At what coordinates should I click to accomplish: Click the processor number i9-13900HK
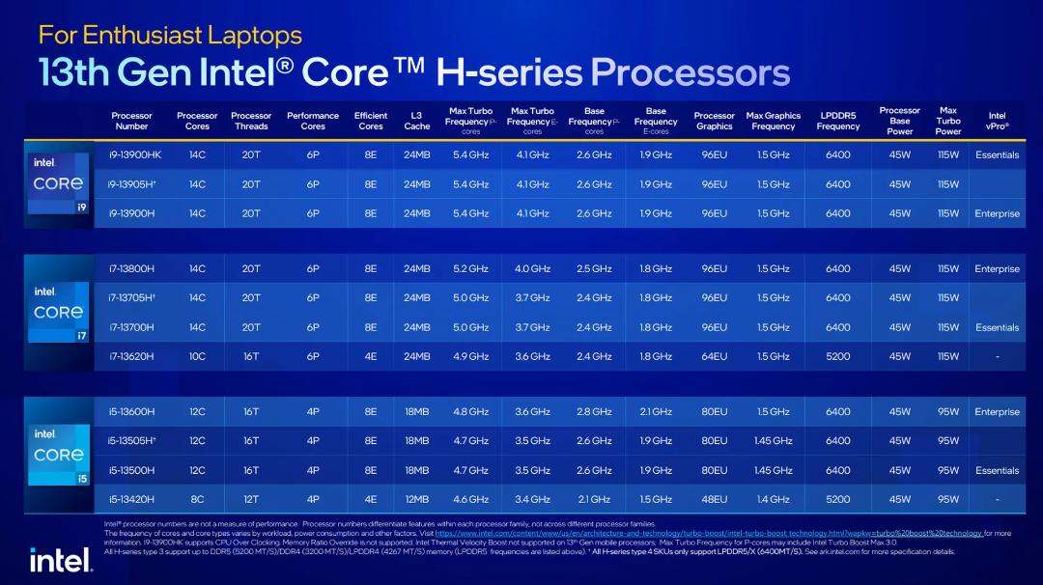pos(135,154)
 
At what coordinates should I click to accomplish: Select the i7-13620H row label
pos(131,356)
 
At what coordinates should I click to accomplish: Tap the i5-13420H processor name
pos(131,499)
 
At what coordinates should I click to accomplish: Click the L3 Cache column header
pos(417,121)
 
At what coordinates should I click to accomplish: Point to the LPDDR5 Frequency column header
pos(838,121)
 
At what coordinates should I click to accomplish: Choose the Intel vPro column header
pos(997,121)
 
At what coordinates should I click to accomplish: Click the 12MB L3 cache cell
pos(417,499)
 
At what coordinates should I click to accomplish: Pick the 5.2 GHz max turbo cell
pos(471,268)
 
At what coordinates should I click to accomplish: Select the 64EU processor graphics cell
pos(715,356)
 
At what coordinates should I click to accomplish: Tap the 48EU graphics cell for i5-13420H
pos(715,499)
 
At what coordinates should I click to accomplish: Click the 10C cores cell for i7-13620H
pos(198,356)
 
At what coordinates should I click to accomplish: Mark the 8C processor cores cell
pos(198,499)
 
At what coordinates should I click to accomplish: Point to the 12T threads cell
pos(251,499)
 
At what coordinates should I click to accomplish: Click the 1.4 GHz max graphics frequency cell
pos(773,499)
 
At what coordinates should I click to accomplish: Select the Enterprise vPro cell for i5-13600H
pos(997,411)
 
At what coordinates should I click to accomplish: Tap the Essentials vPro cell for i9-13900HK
pos(997,154)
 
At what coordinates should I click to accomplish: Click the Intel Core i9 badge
pos(59,183)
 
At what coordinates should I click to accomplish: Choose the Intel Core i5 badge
pos(59,455)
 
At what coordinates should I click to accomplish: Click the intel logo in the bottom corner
pos(61,560)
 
